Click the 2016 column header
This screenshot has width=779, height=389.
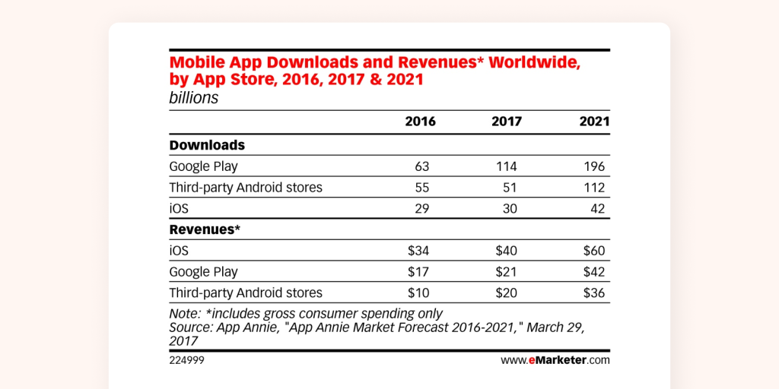click(x=420, y=122)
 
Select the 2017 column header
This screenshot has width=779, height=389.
click(x=507, y=122)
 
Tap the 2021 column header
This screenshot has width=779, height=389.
click(x=593, y=122)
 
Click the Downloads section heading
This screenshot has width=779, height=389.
click(x=206, y=144)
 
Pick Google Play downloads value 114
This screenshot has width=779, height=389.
click(x=510, y=166)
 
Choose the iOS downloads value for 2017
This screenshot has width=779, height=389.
click(x=513, y=207)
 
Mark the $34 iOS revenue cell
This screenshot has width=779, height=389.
click(x=423, y=250)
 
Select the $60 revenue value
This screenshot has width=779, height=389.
click(x=594, y=250)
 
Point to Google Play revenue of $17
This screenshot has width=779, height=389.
click(x=423, y=271)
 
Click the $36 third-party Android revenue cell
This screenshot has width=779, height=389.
click(x=594, y=293)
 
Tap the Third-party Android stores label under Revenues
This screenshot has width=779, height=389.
click(x=245, y=293)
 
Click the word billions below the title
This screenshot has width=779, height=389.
click(x=193, y=98)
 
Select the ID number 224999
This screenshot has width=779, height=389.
click(x=186, y=360)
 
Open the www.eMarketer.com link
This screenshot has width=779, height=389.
click(x=555, y=360)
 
